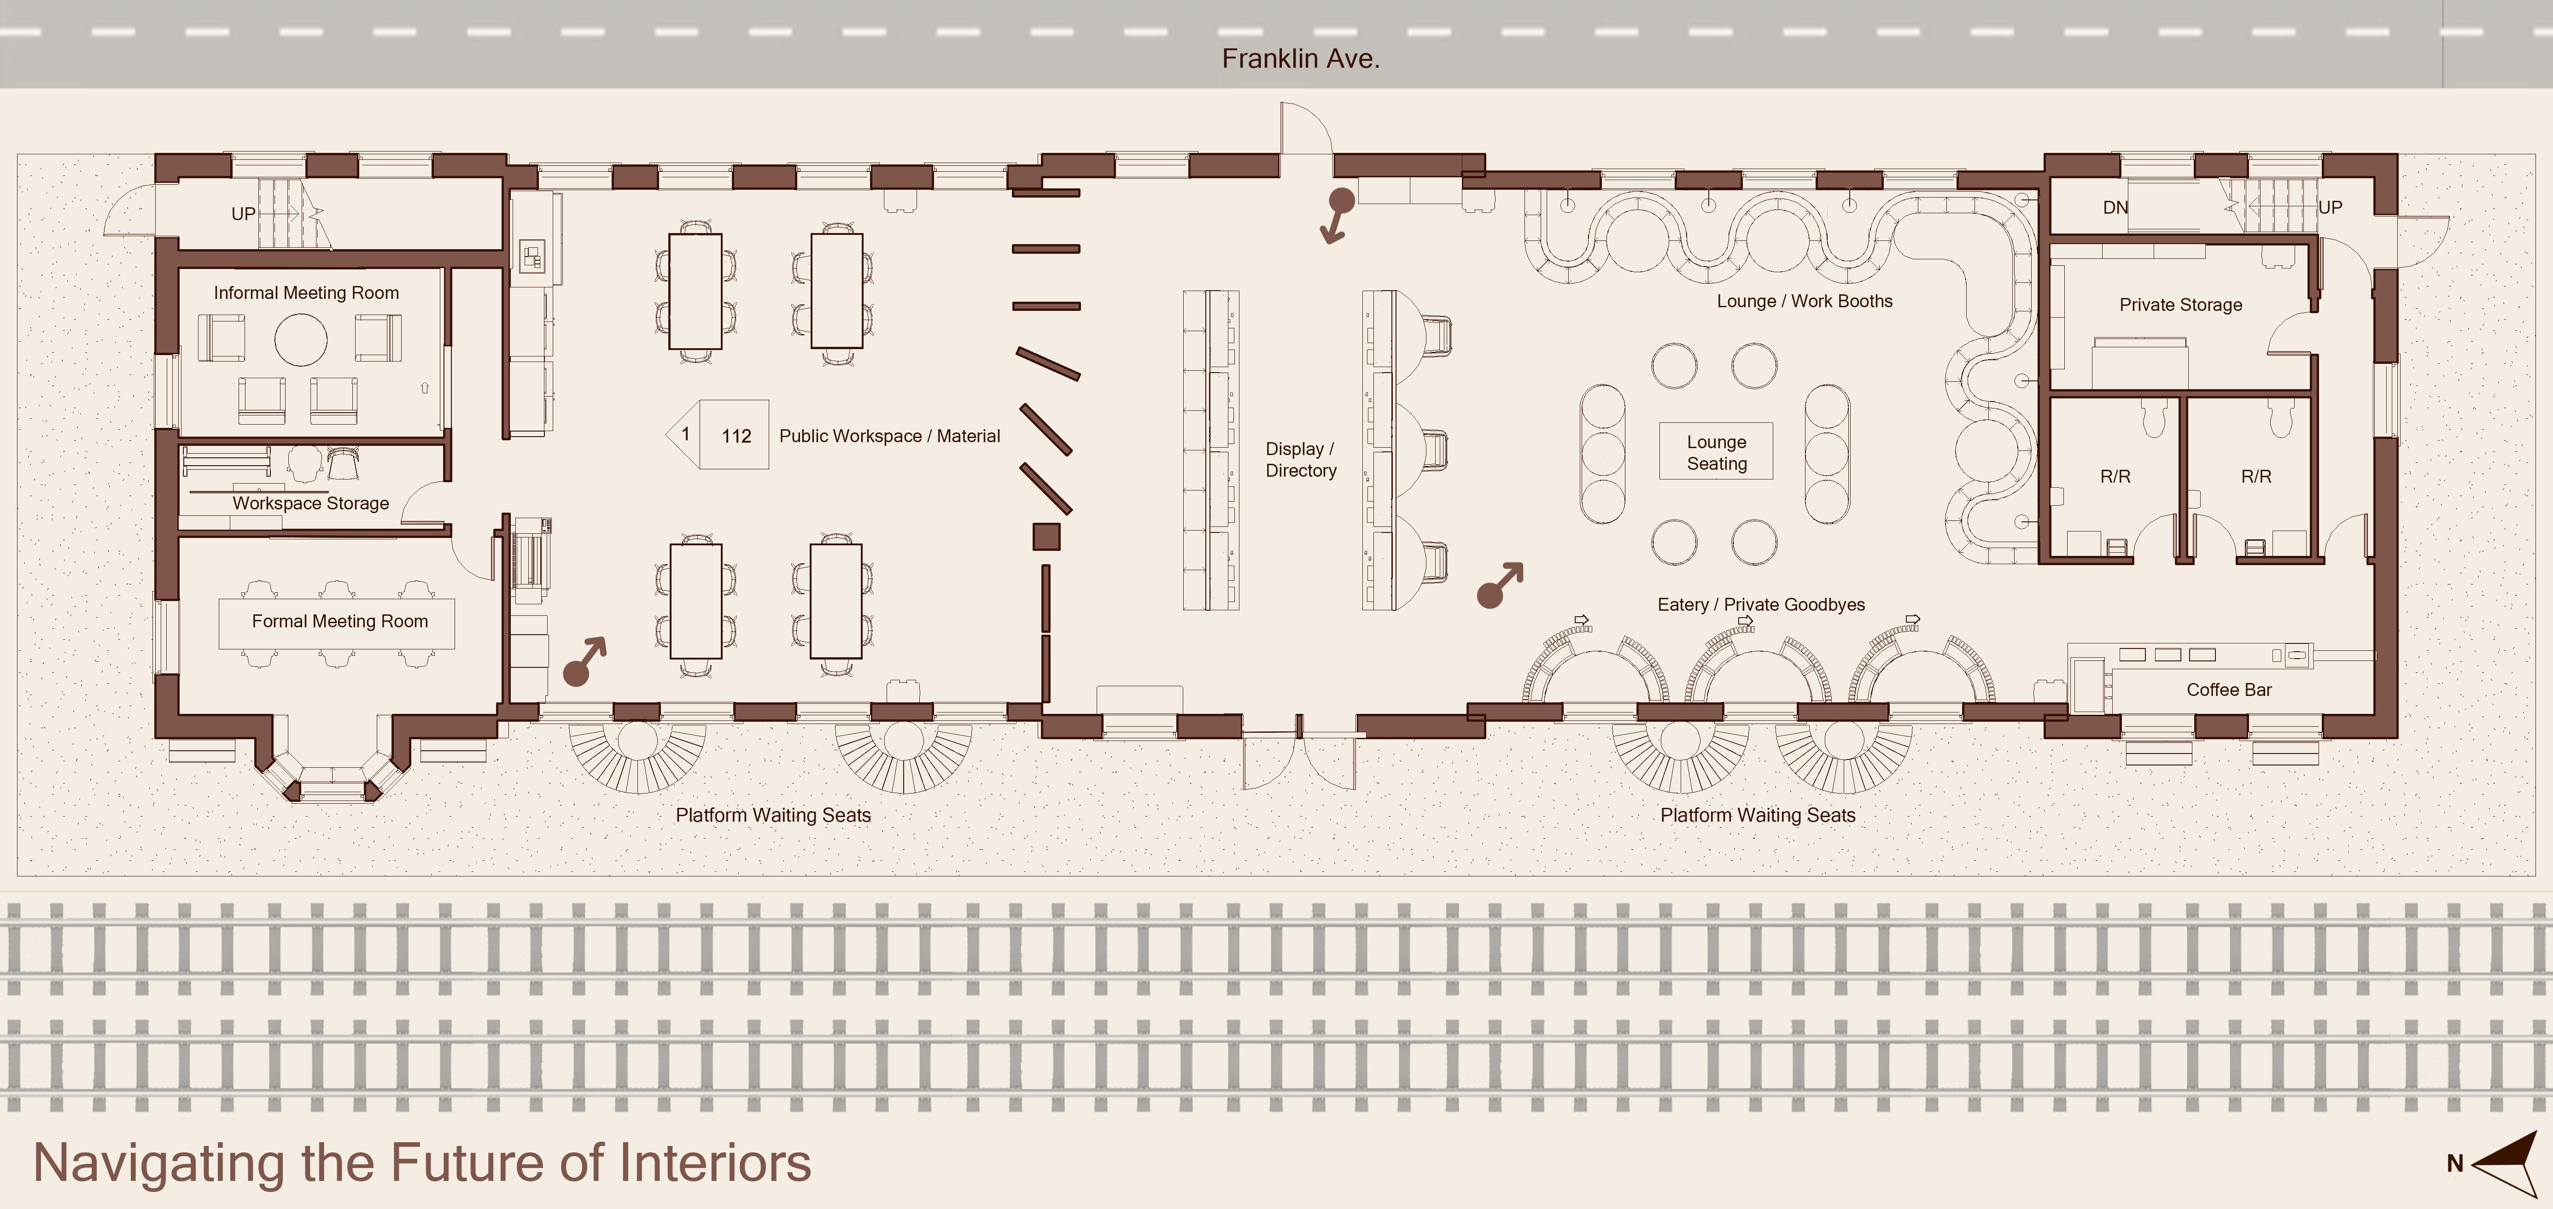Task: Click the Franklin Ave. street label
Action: (1300, 58)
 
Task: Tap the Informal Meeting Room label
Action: (306, 292)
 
